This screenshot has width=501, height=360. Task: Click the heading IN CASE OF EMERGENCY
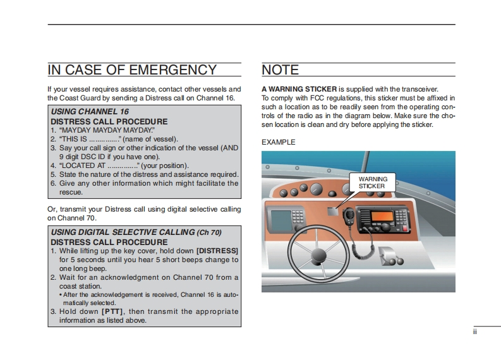tap(132, 69)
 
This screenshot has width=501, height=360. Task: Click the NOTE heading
tap(280, 69)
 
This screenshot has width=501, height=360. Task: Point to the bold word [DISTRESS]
tap(217, 251)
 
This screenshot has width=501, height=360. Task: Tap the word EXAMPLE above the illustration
tap(278, 142)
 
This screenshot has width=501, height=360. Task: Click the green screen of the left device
tap(280, 220)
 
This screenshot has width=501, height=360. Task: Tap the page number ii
tap(474, 332)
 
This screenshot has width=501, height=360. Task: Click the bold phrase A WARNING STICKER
tap(299, 89)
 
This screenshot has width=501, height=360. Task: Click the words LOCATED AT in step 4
tap(79, 165)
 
